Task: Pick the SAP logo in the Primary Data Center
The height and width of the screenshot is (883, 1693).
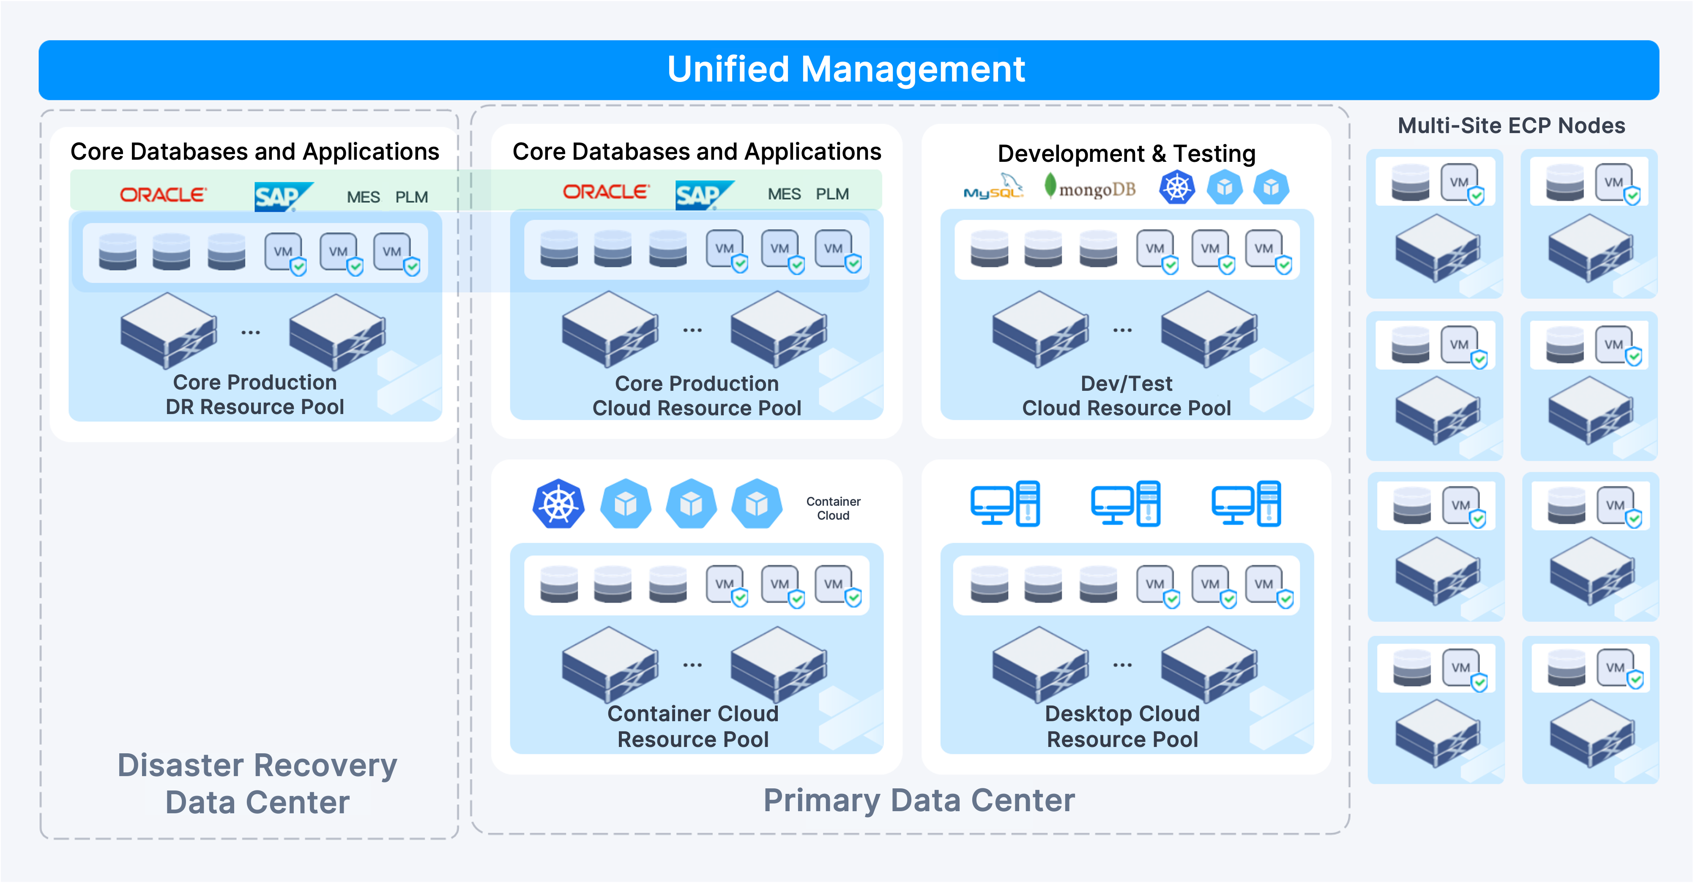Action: click(x=700, y=194)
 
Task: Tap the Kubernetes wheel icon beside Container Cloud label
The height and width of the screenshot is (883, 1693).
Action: click(x=558, y=504)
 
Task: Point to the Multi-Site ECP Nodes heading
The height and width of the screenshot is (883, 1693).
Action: click(x=1511, y=125)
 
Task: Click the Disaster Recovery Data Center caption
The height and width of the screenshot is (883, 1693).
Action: click(x=257, y=783)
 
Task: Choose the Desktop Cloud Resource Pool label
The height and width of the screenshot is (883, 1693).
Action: click(x=1122, y=726)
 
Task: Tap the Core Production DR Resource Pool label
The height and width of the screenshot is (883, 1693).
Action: click(x=254, y=394)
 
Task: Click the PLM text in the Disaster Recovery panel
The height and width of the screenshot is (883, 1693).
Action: click(x=411, y=197)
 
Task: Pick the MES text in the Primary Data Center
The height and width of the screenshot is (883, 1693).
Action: click(x=784, y=194)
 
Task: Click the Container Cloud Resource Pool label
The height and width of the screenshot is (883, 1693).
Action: click(x=693, y=726)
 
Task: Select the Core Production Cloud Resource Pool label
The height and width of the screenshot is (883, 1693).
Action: click(x=697, y=395)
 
